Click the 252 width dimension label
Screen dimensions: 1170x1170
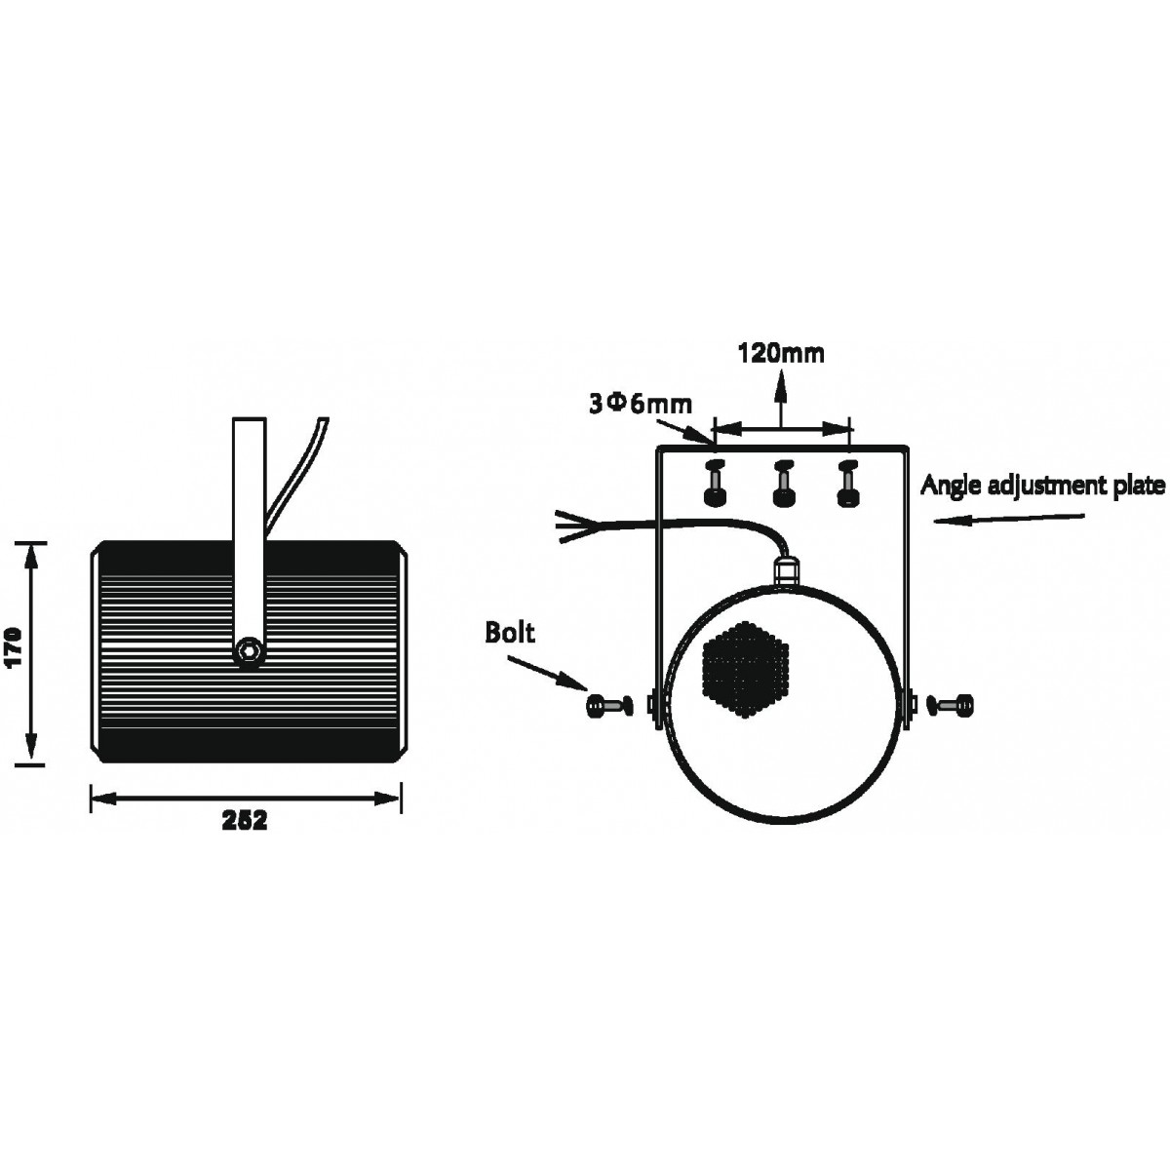pos(245,821)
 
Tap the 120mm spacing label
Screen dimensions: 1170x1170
pos(781,353)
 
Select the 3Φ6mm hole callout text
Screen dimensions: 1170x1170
pos(641,405)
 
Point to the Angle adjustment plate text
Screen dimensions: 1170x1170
pos(1043,486)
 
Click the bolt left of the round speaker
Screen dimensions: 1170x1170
pos(609,705)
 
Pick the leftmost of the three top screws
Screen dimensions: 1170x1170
pos(716,484)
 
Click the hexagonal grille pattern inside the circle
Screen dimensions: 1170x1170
pos(746,669)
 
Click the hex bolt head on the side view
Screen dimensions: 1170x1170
pos(249,650)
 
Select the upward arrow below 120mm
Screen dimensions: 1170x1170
pos(781,400)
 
